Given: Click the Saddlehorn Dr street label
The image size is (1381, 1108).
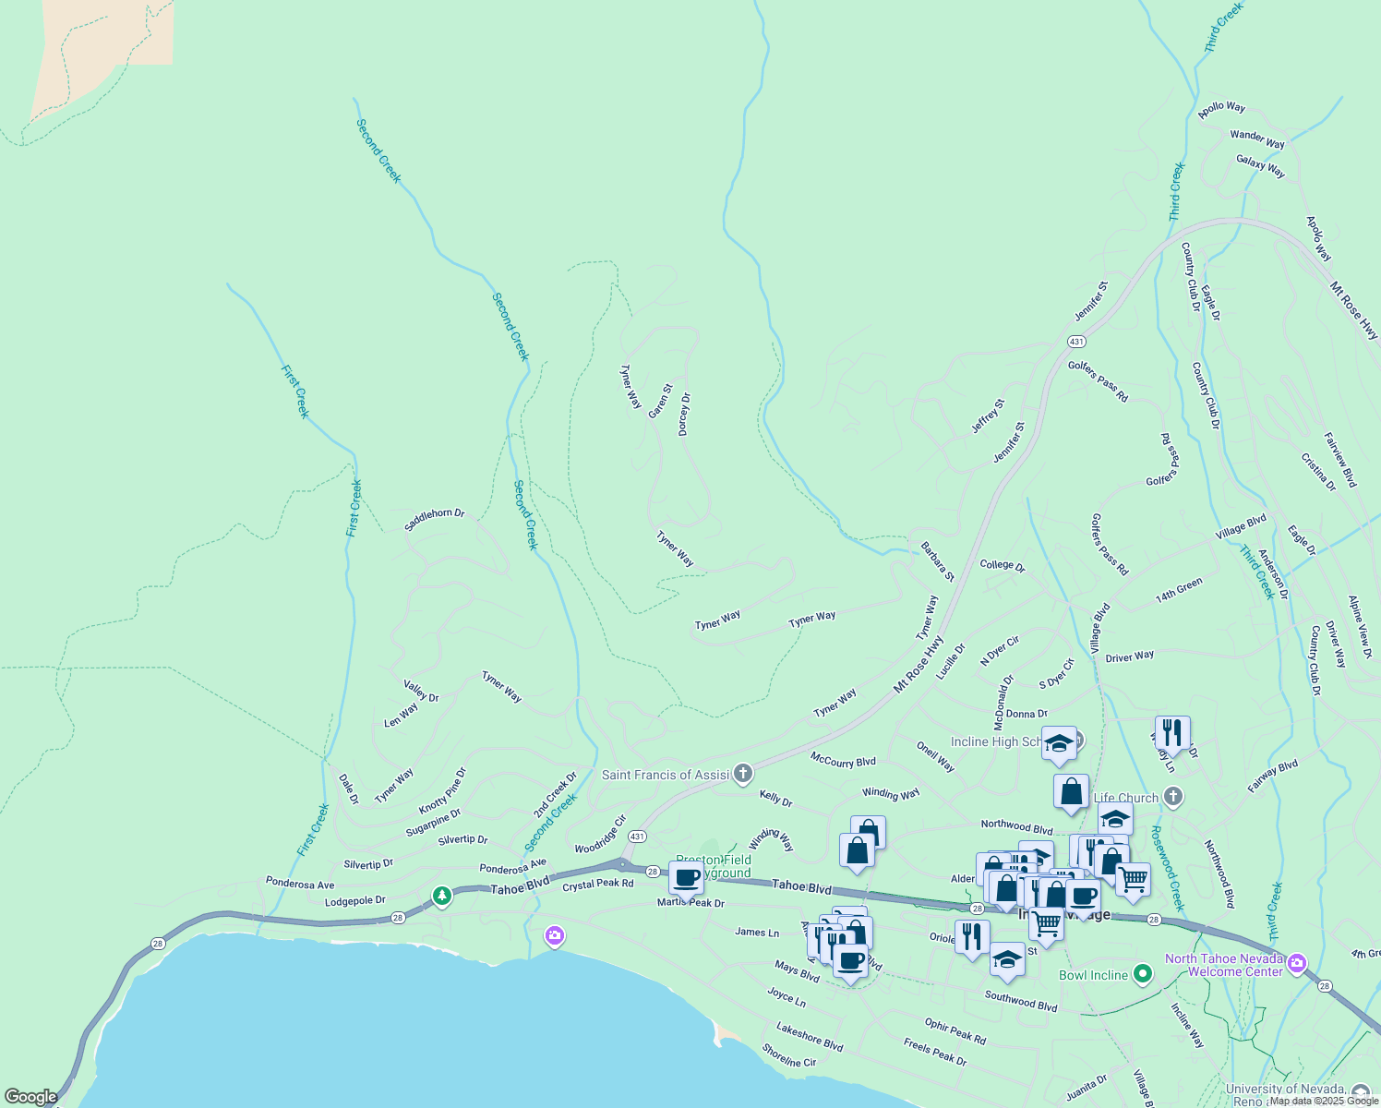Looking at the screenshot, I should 435,520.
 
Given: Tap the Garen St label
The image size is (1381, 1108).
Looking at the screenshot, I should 660,402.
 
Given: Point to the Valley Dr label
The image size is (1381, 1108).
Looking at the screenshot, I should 421,691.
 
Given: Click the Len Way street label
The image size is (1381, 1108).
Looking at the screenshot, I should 402,716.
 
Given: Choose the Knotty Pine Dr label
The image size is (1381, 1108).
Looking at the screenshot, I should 443,791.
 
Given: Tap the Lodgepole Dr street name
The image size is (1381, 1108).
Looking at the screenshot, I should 355,900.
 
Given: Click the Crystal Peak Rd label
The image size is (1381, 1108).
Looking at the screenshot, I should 598,884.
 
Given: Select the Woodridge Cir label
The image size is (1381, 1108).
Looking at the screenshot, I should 600,835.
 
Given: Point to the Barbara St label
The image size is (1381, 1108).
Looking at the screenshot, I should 937,561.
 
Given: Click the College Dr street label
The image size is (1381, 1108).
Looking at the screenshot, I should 1003,565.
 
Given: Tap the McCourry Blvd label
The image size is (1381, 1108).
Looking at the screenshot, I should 843,761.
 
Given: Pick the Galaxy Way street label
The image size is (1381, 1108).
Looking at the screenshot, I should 1261,166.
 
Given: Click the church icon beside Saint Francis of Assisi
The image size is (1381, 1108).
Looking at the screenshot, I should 743,774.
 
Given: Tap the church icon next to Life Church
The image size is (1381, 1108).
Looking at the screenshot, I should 1172,796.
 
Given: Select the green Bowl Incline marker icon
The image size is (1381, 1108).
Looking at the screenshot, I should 1143,974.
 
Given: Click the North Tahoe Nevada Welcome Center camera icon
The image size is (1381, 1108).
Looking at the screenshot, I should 1297,964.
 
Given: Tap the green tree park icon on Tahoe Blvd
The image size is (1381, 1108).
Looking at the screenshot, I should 442,895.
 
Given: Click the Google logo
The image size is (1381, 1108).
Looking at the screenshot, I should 30,1097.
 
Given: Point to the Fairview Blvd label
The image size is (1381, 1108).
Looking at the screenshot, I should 1340,460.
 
